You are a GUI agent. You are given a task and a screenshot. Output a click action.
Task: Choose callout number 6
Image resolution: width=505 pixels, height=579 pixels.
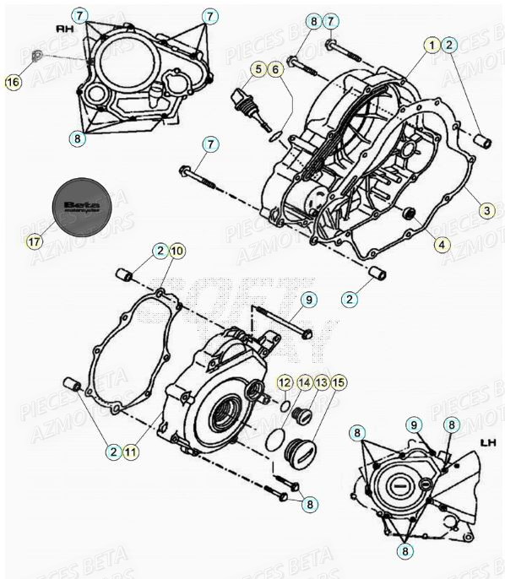click(275, 69)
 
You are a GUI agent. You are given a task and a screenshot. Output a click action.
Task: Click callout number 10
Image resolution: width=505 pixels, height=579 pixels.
click(176, 251)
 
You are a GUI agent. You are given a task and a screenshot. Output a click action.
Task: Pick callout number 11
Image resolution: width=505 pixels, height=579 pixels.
click(130, 452)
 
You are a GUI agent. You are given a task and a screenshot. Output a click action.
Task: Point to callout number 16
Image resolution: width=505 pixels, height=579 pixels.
click(13, 81)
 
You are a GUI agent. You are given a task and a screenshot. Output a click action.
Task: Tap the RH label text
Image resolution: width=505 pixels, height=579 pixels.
click(64, 27)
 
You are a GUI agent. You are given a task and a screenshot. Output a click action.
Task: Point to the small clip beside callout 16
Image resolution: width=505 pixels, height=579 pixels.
click(35, 57)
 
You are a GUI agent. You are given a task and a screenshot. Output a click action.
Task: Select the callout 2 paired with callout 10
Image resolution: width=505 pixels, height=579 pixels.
click(159, 251)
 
